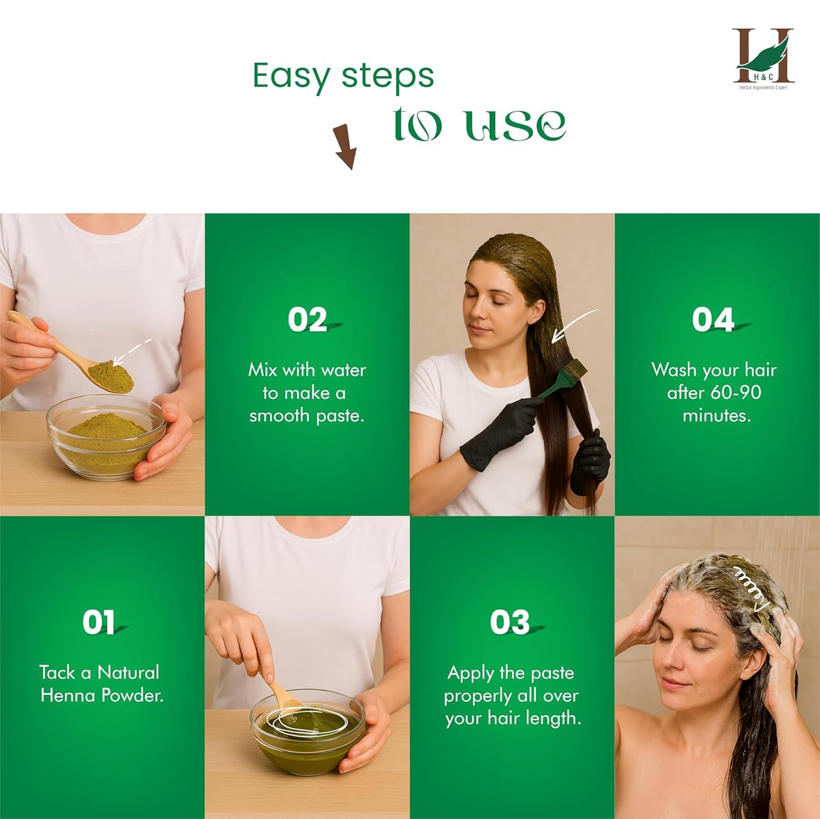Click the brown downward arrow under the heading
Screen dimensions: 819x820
tap(345, 147)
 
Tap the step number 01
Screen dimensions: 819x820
tap(99, 622)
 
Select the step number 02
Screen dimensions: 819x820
tap(307, 319)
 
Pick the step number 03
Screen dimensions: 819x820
tap(510, 622)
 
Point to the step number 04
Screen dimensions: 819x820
tap(713, 319)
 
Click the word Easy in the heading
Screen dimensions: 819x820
tap(291, 76)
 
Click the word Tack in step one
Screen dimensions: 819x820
tap(57, 673)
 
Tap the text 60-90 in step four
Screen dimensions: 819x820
tap(733, 392)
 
